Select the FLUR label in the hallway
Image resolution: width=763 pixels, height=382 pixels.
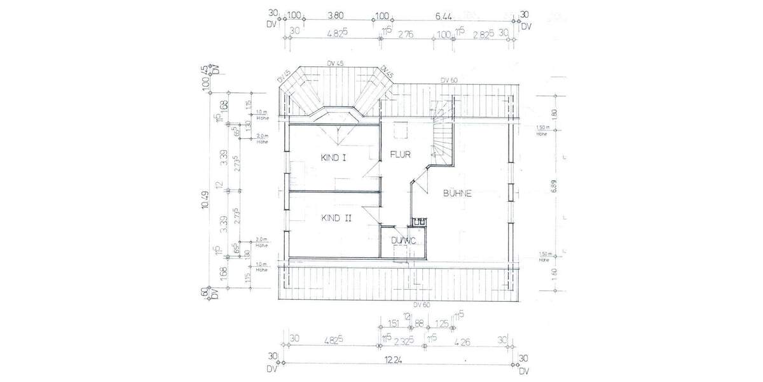pos(401,154)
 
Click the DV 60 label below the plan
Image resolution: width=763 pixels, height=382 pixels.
pos(422,304)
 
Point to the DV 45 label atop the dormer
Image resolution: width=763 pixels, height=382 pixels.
pos(335,63)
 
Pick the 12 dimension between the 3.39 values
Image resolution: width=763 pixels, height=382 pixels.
pos(219,186)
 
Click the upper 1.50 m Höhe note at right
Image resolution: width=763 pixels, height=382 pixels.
pos(542,130)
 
